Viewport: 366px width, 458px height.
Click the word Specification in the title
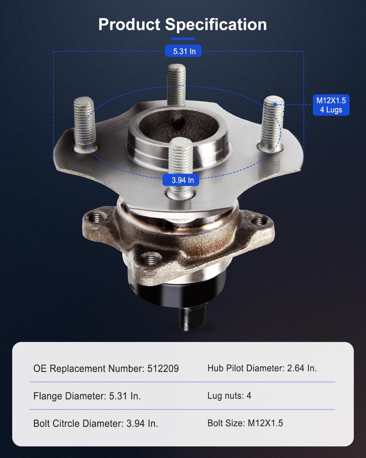point(216,25)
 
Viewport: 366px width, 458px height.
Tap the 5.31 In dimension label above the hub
point(183,51)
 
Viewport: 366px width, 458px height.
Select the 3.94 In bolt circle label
point(181,180)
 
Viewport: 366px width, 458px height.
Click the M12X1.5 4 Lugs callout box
point(331,105)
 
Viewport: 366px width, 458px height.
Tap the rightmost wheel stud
point(272,123)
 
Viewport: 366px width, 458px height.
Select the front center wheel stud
point(181,168)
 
